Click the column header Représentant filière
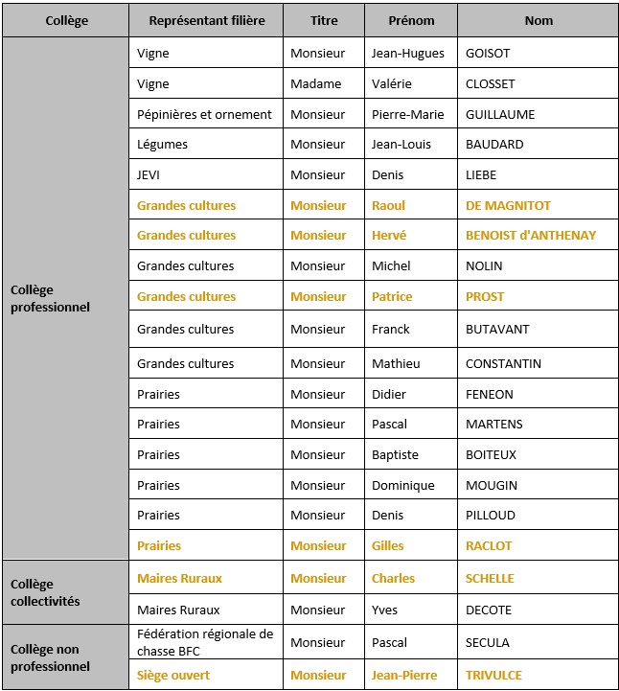pyautogui.click(x=206, y=21)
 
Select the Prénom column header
pyautogui.click(x=411, y=21)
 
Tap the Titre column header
pyautogui.click(x=324, y=21)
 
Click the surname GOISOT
pyautogui.click(x=488, y=54)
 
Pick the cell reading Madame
pyautogui.click(x=315, y=84)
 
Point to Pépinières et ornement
pyautogui.click(x=204, y=115)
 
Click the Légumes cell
pyautogui.click(x=162, y=145)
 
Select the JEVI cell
pyautogui.click(x=151, y=175)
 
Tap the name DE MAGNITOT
pyautogui.click(x=508, y=206)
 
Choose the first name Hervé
pyautogui.click(x=389, y=236)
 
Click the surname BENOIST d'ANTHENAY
pyautogui.click(x=531, y=236)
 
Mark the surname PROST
pyautogui.click(x=485, y=297)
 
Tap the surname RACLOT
pyautogui.click(x=489, y=546)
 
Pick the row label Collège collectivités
pyautogui.click(x=44, y=593)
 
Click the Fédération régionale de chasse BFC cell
pyautogui.click(x=205, y=642)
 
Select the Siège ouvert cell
pyautogui.click(x=173, y=676)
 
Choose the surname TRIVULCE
pyautogui.click(x=493, y=676)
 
